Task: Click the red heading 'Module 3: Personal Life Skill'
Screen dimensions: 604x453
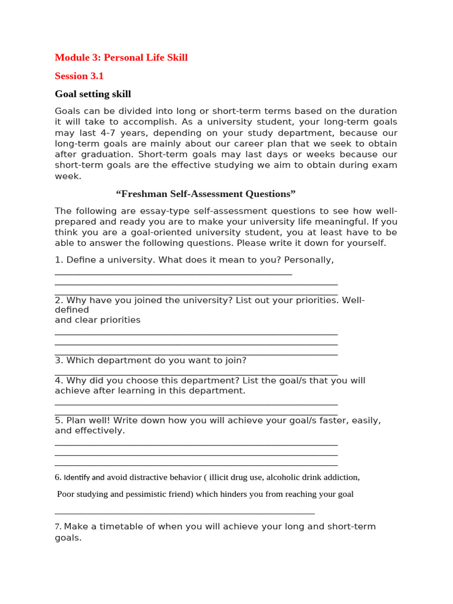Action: (121, 57)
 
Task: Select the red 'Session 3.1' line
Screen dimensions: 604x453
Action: (79, 75)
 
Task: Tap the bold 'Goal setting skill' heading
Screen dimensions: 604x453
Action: (93, 94)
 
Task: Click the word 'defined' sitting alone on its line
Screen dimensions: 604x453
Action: (72, 310)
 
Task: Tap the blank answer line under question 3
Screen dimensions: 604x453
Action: (196, 374)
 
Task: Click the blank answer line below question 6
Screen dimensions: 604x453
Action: (185, 513)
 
